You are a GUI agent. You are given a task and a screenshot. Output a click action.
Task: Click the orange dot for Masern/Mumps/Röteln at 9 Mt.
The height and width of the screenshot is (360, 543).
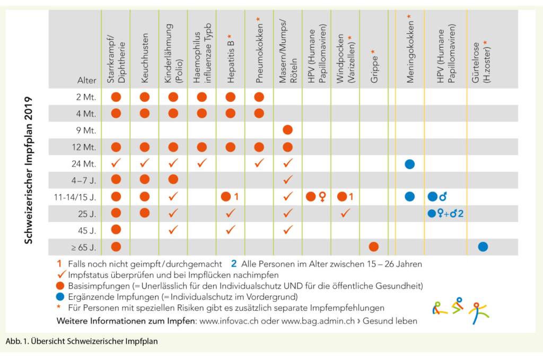coord(287,130)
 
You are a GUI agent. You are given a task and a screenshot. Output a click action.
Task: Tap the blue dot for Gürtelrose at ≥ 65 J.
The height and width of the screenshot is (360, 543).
coord(483,247)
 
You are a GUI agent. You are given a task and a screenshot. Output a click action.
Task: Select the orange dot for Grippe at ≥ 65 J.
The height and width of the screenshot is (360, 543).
coord(373,247)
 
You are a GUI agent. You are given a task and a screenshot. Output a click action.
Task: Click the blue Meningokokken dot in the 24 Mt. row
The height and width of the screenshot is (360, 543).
coord(409,164)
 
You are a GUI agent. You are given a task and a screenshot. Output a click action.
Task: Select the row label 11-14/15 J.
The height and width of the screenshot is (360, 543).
coord(75,197)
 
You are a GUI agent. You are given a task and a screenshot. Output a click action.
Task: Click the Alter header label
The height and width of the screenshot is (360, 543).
coord(86,81)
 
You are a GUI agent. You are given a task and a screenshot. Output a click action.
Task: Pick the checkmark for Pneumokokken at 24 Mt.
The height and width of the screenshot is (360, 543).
coord(259,164)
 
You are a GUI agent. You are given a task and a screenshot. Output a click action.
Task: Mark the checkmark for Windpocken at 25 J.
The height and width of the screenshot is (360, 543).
coord(345,213)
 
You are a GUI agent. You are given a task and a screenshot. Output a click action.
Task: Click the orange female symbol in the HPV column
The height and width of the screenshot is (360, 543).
coord(322,197)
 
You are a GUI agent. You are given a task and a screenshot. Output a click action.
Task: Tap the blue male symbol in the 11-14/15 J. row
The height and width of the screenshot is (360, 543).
coord(443,197)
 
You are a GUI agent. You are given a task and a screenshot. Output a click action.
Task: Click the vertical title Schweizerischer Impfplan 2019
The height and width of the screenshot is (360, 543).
coord(30,170)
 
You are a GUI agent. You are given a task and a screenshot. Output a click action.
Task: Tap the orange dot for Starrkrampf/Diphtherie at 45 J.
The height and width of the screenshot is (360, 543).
coord(116,230)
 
